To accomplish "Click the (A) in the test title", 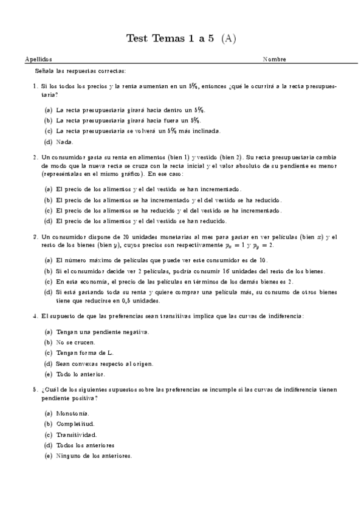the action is [228, 39].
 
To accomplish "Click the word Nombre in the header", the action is [274, 60].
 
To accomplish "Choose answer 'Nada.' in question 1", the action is [64, 142].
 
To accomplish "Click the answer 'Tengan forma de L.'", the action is [80, 353].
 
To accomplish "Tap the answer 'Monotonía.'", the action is [72, 414].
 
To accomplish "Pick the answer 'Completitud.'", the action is [75, 424].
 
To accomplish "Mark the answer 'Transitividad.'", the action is [76, 434].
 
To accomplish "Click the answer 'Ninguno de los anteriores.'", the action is [93, 455].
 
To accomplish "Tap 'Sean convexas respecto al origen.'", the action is [104, 363].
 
